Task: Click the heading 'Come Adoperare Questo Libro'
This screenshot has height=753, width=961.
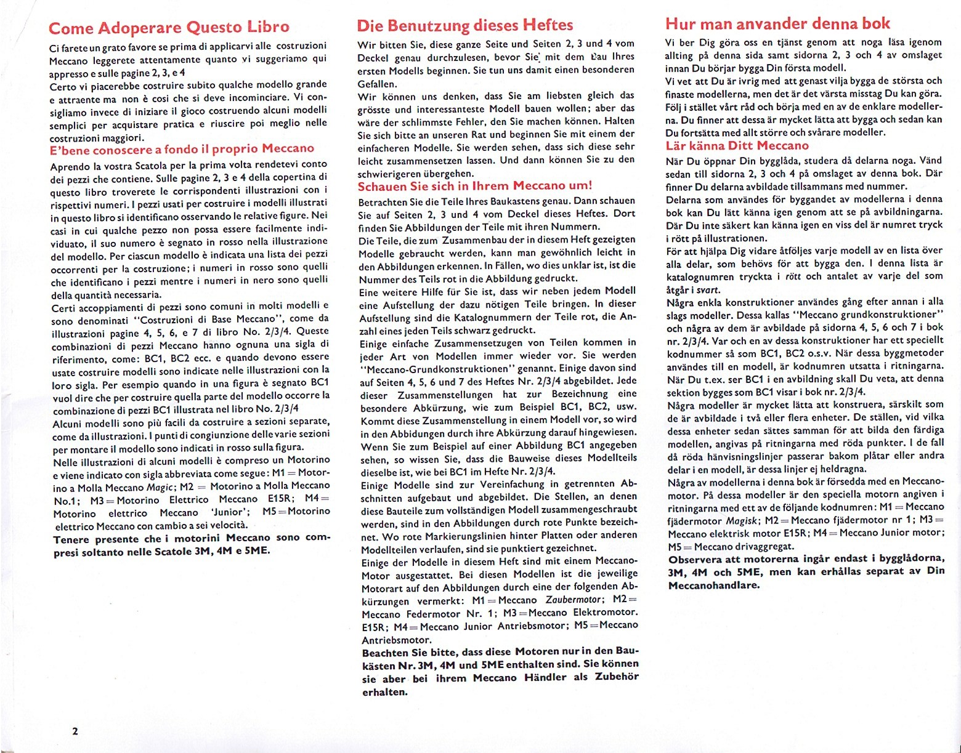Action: (x=168, y=28)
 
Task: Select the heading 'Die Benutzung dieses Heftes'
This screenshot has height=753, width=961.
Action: (x=465, y=25)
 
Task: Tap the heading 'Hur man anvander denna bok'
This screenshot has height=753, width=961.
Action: (x=777, y=23)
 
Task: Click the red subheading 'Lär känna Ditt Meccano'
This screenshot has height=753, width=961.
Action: (x=737, y=146)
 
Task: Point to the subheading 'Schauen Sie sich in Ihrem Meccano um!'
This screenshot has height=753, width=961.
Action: (x=475, y=186)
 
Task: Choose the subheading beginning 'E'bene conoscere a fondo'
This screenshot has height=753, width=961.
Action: (x=182, y=148)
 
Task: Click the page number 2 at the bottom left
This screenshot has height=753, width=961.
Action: (x=75, y=731)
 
